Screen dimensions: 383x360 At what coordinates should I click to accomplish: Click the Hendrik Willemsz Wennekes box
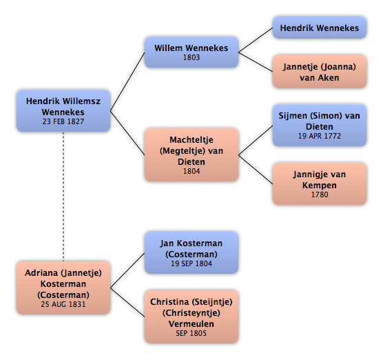pos(63,111)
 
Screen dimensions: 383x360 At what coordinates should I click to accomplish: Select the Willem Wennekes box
pos(191,52)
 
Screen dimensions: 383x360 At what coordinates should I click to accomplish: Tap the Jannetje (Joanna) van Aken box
pos(319,72)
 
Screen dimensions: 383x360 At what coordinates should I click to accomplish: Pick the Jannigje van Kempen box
pos(319,184)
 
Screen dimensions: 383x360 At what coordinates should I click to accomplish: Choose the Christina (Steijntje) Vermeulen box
pos(191,317)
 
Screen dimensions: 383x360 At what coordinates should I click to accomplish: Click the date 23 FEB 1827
pos(63,121)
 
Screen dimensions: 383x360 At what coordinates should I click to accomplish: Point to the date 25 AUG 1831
pos(63,304)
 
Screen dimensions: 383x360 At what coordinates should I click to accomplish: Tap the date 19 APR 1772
pos(319,136)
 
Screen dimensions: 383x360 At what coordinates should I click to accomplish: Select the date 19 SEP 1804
pos(191,263)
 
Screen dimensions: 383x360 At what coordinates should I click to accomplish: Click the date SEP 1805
pos(191,333)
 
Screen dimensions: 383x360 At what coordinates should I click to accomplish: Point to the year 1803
pos(191,57)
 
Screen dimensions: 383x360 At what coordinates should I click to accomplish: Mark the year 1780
pos(320,194)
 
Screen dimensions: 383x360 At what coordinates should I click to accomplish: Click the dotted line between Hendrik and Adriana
pos(63,197)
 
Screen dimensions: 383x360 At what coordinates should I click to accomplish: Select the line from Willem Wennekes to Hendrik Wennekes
pos(256,40)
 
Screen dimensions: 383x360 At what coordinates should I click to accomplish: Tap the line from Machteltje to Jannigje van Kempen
pos(256,170)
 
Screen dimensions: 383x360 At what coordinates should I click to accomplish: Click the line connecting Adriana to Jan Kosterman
pos(127,270)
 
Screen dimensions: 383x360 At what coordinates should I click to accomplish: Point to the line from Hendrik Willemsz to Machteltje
pos(127,133)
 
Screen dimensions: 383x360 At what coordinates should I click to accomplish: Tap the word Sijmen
pos(293,116)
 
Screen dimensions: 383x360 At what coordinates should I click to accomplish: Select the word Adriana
pos(41,273)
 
